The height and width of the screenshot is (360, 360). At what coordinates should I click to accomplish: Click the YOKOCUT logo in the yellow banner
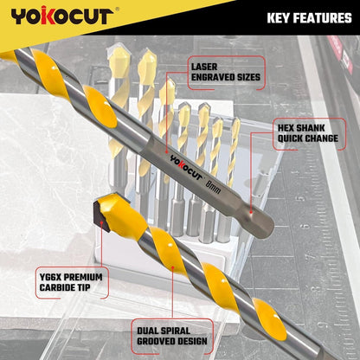[62, 16]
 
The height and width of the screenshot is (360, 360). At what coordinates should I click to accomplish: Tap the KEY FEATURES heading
[309, 18]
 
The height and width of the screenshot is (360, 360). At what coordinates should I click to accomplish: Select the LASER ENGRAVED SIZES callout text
[226, 72]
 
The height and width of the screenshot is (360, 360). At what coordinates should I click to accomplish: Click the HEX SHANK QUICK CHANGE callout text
[307, 133]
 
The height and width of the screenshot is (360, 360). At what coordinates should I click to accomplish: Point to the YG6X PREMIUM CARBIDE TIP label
[71, 282]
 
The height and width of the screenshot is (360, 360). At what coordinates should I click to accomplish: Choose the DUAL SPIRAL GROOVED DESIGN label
[172, 336]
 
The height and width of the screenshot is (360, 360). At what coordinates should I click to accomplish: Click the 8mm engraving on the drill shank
[214, 187]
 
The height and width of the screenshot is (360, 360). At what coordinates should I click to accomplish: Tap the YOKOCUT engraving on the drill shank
[186, 167]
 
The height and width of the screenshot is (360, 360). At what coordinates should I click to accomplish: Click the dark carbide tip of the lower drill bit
[101, 215]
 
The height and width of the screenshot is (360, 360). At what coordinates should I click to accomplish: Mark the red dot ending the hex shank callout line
[251, 213]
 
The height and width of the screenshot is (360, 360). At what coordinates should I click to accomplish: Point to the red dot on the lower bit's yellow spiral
[172, 267]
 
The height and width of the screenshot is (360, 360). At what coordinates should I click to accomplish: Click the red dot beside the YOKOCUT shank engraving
[166, 151]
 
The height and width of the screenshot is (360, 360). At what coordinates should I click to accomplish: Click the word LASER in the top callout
[204, 67]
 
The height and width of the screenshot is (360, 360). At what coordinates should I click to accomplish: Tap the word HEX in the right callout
[286, 128]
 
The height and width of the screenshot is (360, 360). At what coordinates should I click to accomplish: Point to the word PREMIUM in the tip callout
[83, 277]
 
